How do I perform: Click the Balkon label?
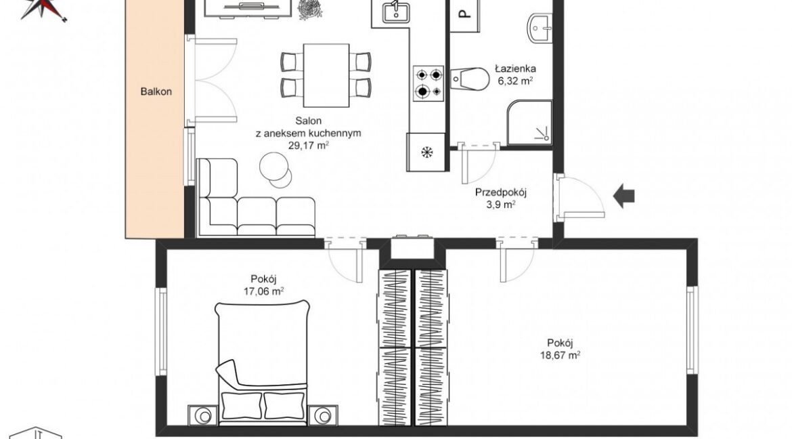pyautogui.click(x=156, y=91)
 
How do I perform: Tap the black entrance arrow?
pyautogui.click(x=624, y=196)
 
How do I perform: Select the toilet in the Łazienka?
pyautogui.click(x=470, y=79)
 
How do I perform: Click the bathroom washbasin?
pyautogui.click(x=540, y=28)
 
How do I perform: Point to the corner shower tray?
pyautogui.click(x=529, y=122)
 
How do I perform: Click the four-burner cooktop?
pyautogui.click(x=428, y=83)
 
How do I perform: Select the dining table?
pyautogui.click(x=326, y=75)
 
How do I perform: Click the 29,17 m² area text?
pyautogui.click(x=308, y=145)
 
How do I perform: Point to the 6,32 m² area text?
pyautogui.click(x=516, y=81)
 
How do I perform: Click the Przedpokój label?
pyautogui.click(x=500, y=192)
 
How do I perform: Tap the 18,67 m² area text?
pyautogui.click(x=560, y=355)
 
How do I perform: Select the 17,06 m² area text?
pyautogui.click(x=263, y=291)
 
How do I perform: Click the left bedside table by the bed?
pyautogui.click(x=204, y=415)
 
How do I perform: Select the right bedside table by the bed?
pyautogui.click(x=323, y=415)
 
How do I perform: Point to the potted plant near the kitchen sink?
pyautogui.click(x=309, y=9)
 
